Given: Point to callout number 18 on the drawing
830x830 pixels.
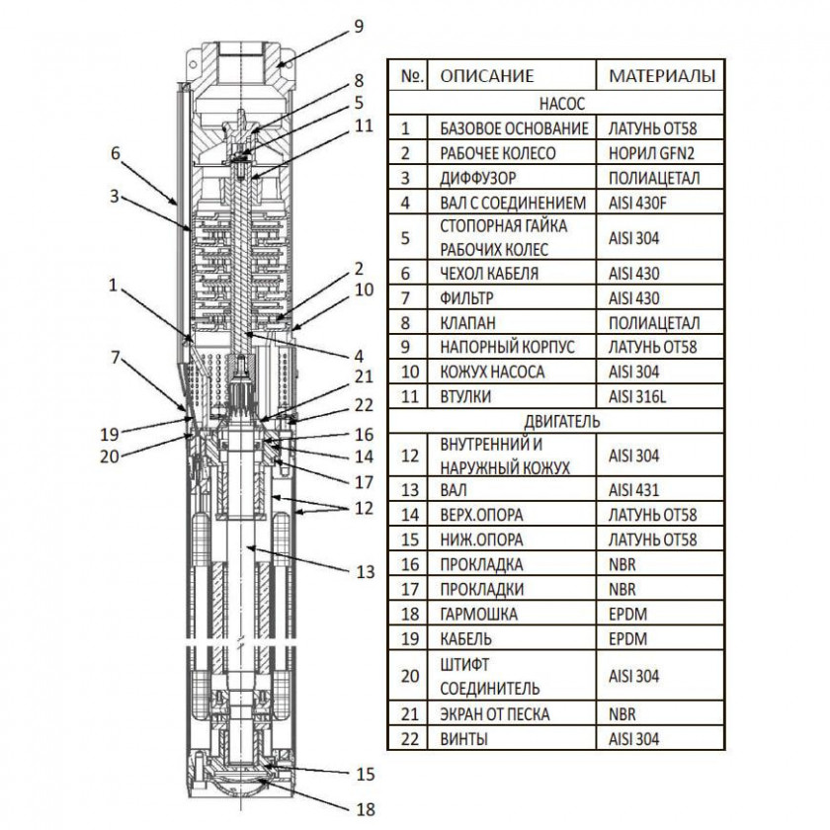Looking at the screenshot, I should pyautogui.click(x=366, y=810).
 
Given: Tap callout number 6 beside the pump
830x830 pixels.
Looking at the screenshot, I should pyautogui.click(x=116, y=153).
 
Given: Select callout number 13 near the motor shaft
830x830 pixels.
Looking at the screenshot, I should pyautogui.click(x=366, y=571).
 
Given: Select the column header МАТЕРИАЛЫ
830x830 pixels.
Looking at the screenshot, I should pyautogui.click(x=661, y=76).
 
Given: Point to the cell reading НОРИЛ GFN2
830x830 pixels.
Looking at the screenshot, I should pyautogui.click(x=653, y=153).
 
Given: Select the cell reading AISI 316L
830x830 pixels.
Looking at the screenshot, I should pyautogui.click(x=642, y=396).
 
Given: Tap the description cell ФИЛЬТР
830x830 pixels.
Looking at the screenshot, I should pyautogui.click(x=468, y=297).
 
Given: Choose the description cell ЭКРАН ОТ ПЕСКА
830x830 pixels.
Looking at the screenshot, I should pyautogui.click(x=495, y=714).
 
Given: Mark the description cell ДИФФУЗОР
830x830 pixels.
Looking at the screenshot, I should pyautogui.click(x=476, y=178).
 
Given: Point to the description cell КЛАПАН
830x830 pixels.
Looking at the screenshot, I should pyautogui.click(x=467, y=322).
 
